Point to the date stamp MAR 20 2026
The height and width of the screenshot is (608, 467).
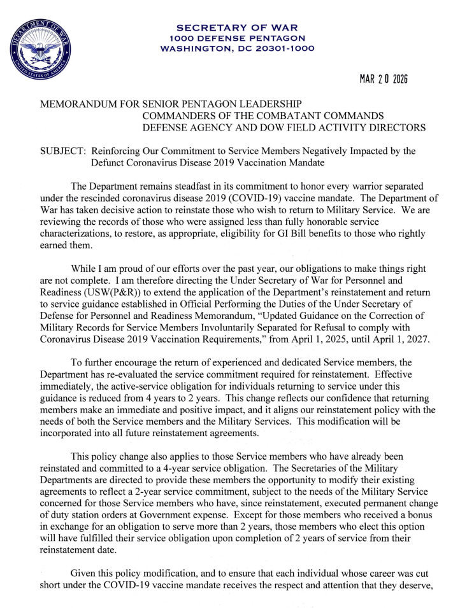[x=383, y=80]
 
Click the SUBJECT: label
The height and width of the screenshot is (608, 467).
[x=62, y=152]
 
